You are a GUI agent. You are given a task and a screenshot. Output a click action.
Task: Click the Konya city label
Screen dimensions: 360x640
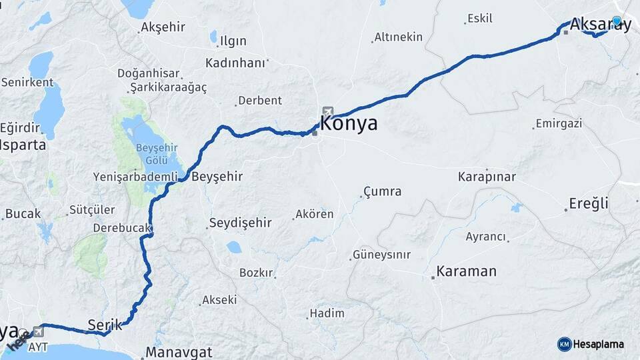click(349, 123)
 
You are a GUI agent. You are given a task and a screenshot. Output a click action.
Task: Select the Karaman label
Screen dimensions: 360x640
click(467, 272)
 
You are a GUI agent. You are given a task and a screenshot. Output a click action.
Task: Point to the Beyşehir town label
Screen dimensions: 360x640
click(217, 177)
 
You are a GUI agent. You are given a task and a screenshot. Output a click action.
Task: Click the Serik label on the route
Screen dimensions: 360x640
click(105, 325)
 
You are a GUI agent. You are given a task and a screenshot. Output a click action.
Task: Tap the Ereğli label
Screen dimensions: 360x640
click(589, 204)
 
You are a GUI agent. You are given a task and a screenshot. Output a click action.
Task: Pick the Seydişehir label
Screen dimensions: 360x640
click(241, 223)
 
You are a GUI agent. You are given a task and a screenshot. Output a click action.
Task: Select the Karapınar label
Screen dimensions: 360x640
click(487, 177)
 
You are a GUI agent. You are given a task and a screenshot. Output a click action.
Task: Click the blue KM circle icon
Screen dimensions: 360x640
click(564, 344)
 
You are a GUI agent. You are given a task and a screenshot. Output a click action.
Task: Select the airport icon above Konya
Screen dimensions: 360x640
click(327, 111)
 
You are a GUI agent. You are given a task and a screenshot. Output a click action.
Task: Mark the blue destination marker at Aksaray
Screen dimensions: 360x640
click(617, 21)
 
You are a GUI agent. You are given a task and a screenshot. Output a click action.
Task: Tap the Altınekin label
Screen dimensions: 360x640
click(399, 37)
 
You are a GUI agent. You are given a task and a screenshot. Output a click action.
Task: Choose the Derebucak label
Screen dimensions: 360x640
click(122, 228)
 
